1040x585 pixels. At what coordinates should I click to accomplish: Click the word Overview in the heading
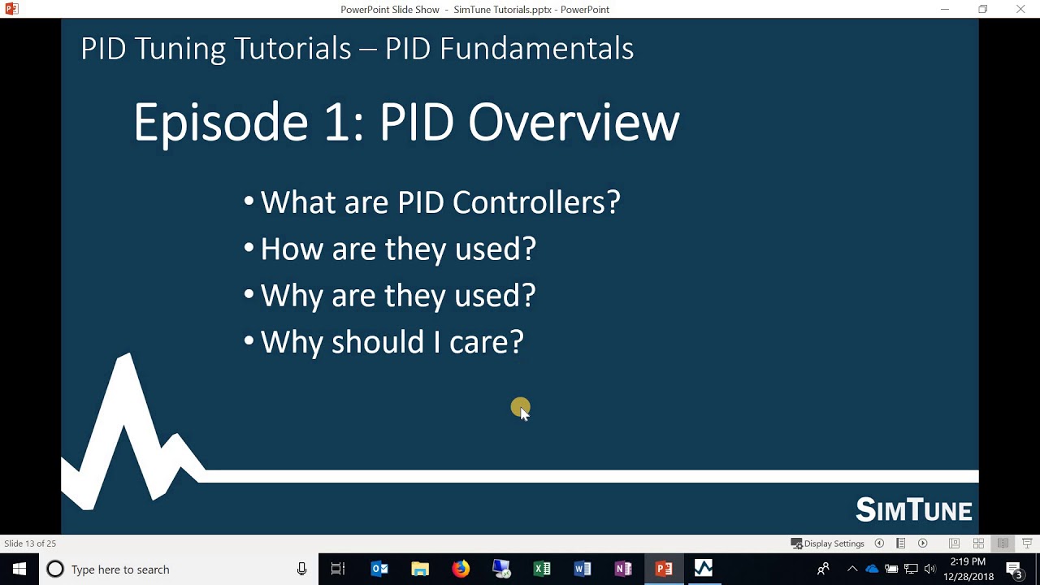pyautogui.click(x=574, y=123)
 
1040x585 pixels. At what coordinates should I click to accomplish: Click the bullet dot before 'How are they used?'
pyautogui.click(x=249, y=247)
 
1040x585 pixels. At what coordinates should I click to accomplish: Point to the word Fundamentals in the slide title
pyautogui.click(x=536, y=48)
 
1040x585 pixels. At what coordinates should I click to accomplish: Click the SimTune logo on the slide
pyautogui.click(x=914, y=509)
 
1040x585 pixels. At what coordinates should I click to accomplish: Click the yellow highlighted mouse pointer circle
pyautogui.click(x=520, y=407)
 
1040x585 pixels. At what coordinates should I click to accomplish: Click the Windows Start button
pyautogui.click(x=19, y=569)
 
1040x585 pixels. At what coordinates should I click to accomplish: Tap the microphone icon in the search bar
pyautogui.click(x=301, y=569)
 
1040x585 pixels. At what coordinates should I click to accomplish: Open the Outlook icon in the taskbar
pyautogui.click(x=379, y=569)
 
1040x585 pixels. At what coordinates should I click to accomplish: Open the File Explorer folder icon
pyautogui.click(x=420, y=569)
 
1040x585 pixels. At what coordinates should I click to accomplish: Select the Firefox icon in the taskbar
pyautogui.click(x=461, y=569)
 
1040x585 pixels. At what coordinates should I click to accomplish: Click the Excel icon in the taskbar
pyautogui.click(x=542, y=569)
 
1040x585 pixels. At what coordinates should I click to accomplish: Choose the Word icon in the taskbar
pyautogui.click(x=583, y=569)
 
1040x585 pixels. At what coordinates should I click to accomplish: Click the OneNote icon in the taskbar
pyautogui.click(x=623, y=569)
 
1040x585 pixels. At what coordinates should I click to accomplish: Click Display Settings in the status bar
pyautogui.click(x=827, y=544)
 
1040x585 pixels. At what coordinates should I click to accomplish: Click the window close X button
pyautogui.click(x=1020, y=9)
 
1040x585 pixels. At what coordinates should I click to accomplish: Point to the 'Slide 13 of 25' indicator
pyautogui.click(x=30, y=544)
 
